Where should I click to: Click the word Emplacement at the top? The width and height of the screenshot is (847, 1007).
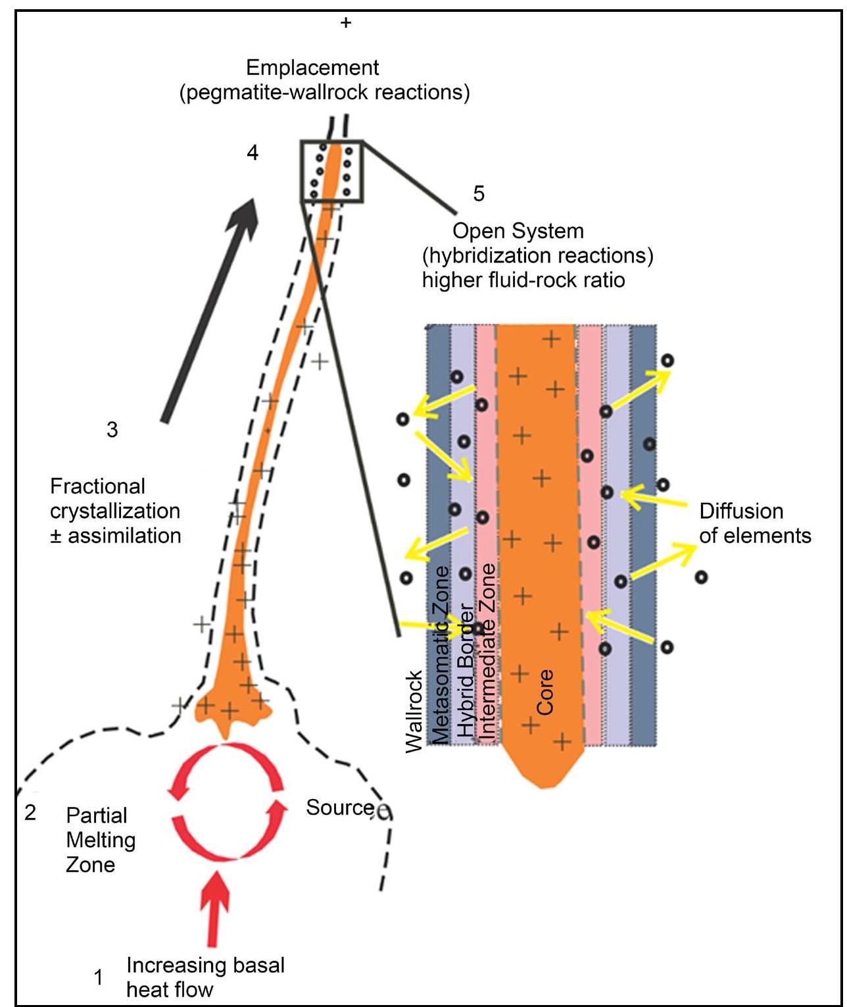click(312, 68)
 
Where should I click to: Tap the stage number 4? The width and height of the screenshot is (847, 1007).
click(253, 153)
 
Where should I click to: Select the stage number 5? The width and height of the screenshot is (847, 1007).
click(479, 194)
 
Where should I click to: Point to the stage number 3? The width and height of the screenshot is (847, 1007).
click(112, 430)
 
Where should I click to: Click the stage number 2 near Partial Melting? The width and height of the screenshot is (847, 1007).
click(30, 813)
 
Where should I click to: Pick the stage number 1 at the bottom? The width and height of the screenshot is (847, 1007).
click(99, 977)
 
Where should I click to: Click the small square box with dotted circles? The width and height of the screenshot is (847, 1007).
click(331, 171)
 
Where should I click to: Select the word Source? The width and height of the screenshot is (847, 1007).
click(339, 808)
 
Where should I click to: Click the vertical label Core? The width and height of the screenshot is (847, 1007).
click(545, 692)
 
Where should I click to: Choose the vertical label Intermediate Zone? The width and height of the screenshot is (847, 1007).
click(487, 652)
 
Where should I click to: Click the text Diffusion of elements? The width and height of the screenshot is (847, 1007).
click(754, 523)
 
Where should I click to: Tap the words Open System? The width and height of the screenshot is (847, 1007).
click(518, 231)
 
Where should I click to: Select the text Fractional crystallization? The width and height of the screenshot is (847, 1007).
click(115, 499)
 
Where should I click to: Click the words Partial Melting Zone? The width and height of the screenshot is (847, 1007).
click(100, 840)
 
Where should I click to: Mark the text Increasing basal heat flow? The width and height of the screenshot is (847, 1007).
click(205, 977)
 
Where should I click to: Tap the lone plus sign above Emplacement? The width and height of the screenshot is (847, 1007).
click(346, 23)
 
